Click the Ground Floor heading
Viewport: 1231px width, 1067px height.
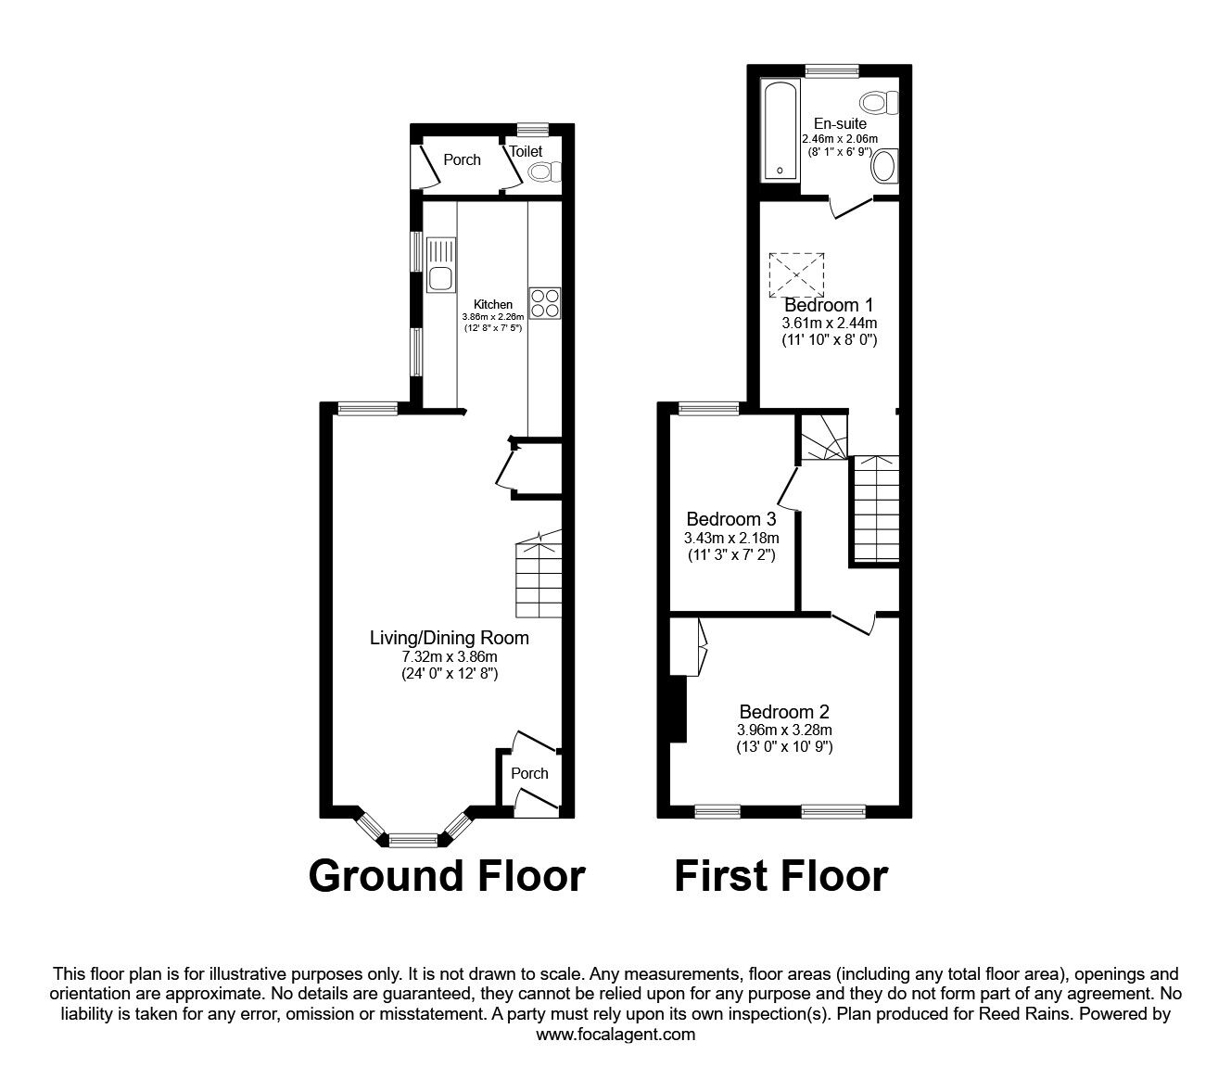pos(446,875)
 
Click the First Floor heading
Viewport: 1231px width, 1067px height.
pos(780,875)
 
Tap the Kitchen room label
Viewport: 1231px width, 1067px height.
pos(492,304)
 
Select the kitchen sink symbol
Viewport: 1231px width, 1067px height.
pos(440,266)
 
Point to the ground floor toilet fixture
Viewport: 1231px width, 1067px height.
pos(544,171)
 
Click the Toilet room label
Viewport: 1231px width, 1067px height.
pos(525,151)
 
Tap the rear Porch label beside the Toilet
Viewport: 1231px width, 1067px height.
pos(462,159)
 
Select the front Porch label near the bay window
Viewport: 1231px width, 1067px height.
pos(529,773)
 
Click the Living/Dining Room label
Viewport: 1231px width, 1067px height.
pos(449,638)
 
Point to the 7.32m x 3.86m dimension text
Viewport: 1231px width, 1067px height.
pos(449,657)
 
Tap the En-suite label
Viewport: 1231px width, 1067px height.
pos(840,123)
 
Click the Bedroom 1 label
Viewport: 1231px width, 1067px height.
pos(828,305)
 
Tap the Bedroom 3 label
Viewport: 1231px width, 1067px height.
pos(730,519)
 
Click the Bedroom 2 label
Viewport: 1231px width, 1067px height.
pos(784,712)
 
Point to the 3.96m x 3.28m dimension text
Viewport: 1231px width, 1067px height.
pos(784,730)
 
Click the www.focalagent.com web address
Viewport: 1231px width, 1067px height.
pos(615,1035)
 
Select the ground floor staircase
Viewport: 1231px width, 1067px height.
pos(539,576)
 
